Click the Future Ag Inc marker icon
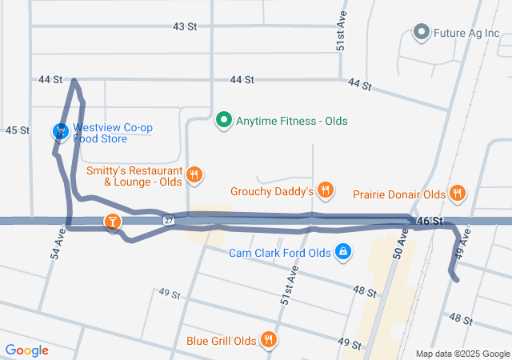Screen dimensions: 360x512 (x=421, y=33)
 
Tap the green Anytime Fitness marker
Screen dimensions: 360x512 (x=224, y=121)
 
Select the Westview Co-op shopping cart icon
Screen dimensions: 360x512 (x=60, y=130)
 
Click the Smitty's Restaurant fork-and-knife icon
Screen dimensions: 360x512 (x=194, y=174)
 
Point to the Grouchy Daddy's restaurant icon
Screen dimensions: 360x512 (x=325, y=190)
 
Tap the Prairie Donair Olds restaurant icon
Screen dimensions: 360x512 (x=457, y=193)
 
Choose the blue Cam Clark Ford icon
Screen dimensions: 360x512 (x=342, y=253)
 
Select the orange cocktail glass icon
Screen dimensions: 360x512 (x=113, y=222)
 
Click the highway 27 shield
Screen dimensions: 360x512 (x=168, y=220)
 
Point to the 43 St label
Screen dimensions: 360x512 (x=185, y=26)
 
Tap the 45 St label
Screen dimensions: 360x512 (x=18, y=130)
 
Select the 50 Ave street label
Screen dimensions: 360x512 (x=402, y=240)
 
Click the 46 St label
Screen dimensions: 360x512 (x=430, y=220)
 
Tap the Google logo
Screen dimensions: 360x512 (x=26, y=350)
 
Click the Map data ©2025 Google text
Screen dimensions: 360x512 (x=462, y=354)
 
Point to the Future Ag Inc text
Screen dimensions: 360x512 (x=466, y=34)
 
